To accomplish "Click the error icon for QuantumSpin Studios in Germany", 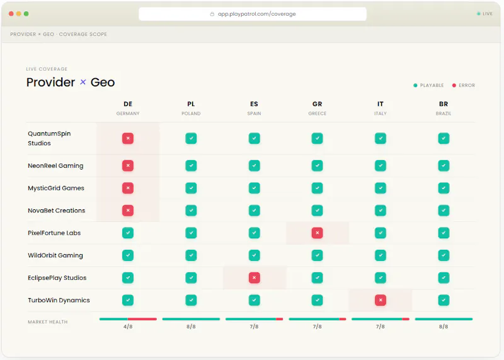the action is pos(128,138).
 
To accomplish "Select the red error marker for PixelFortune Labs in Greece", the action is pos(318,233).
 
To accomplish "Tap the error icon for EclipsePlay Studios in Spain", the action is pos(255,277).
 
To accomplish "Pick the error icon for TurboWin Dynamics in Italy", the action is pos(381,300).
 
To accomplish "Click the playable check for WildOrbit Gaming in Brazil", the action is pos(444,255).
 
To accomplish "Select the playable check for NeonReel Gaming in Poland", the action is pos(191,166).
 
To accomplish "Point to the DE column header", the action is pos(128,104).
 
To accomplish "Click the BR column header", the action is pos(444,104).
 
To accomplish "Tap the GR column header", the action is pos(318,104).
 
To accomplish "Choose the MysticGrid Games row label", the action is pos(56,189).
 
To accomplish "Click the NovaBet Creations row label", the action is pos(57,211).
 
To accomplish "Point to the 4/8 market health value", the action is pos(128,327).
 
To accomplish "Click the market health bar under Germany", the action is pos(128,319).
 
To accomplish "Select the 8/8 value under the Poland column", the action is pos(191,327).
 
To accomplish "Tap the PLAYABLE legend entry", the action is pos(428,85).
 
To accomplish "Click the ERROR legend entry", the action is pos(464,85).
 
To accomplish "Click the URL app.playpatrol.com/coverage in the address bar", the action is pos(257,14).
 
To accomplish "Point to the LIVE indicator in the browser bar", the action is pos(484,13).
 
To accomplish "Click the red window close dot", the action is pos(11,13).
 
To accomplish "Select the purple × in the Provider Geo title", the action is pos(83,82).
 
